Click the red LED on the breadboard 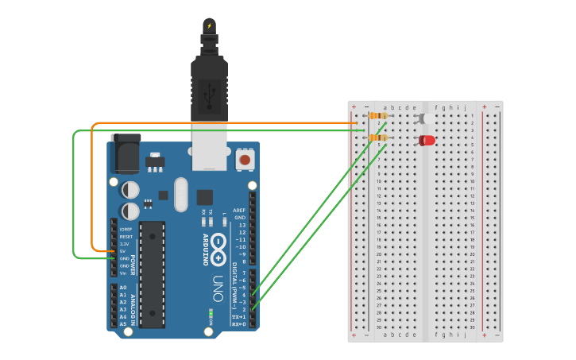click(427, 141)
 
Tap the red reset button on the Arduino click(245, 161)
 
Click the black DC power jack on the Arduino click(125, 155)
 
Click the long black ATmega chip click(153, 274)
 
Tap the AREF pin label click(239, 211)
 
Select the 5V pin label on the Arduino click(122, 251)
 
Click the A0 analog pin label click(122, 288)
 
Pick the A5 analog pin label click(122, 324)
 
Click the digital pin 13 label click(241, 225)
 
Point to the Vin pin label click(122, 273)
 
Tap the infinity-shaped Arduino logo click(218, 248)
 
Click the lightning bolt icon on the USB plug click(210, 25)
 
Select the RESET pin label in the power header click(126, 237)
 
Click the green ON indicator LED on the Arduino click(211, 313)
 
